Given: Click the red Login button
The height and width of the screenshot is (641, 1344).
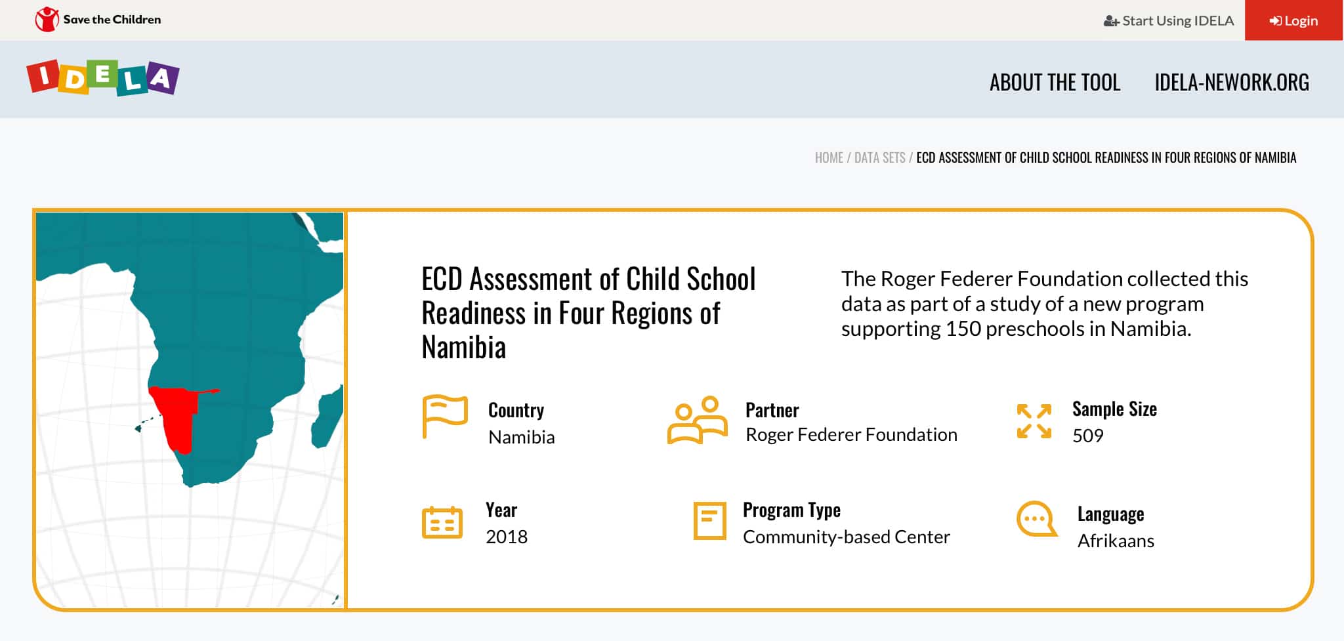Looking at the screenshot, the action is (1293, 20).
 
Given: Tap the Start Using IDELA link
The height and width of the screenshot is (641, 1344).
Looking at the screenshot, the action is (1169, 20).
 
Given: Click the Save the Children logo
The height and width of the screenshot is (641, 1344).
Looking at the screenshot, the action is (98, 20).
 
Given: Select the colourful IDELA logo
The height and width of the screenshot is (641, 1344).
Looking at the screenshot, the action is (102, 77).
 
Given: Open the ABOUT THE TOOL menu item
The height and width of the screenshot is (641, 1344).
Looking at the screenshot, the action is (1055, 82).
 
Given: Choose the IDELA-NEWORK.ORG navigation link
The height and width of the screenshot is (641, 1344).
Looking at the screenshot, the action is (1232, 82).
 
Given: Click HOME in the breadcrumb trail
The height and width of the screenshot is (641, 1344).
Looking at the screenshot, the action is (829, 157).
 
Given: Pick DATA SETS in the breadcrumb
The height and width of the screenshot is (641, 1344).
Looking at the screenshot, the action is (879, 157).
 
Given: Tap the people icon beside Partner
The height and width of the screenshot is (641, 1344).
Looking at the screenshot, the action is (698, 420).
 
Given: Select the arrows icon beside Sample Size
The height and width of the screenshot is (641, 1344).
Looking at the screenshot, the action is (1034, 421).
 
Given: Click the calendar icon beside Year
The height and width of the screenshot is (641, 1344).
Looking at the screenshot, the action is (442, 523).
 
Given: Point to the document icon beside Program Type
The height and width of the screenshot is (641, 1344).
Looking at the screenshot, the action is (710, 521).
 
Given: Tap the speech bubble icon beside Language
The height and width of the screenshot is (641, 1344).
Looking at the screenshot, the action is (1037, 519).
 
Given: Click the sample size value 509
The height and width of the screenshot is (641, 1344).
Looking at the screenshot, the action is (1088, 436).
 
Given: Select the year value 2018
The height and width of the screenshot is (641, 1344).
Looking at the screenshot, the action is (507, 537).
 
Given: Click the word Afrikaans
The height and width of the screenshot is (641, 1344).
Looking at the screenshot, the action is (1116, 541).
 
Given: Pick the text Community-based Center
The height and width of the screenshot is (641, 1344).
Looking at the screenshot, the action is (847, 537).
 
